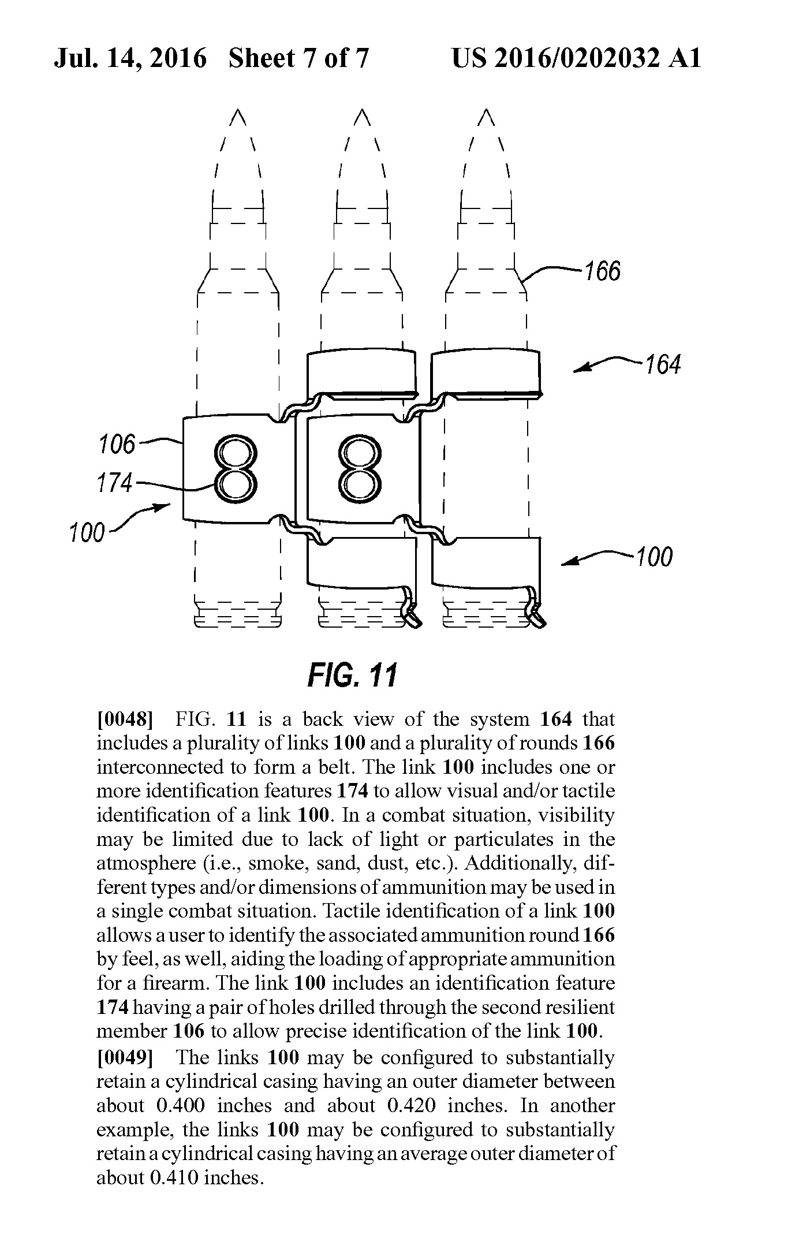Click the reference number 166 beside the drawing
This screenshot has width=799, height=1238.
click(x=603, y=271)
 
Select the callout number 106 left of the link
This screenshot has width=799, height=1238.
click(x=116, y=445)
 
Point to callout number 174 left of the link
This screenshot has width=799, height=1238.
click(x=115, y=483)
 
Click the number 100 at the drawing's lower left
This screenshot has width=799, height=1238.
click(x=87, y=532)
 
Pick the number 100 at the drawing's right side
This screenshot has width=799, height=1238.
click(x=654, y=557)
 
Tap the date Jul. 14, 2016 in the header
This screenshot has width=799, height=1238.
click(x=130, y=59)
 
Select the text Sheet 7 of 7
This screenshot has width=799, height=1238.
click(x=298, y=58)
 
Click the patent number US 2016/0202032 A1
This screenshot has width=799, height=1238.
click(x=576, y=58)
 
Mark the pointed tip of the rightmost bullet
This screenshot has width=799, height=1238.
click(x=487, y=109)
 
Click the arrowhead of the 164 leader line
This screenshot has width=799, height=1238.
click(x=577, y=370)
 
